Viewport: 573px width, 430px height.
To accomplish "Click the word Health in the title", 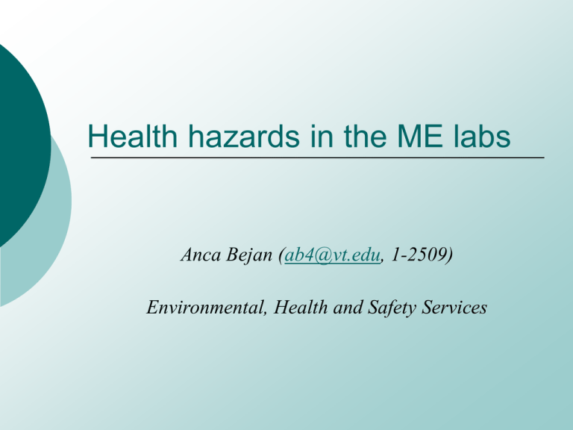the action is click(x=132, y=136).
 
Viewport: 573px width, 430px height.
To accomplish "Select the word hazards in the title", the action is click(x=244, y=136).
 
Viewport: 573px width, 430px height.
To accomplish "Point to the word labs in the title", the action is click(x=482, y=136).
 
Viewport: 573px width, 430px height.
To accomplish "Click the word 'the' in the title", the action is click(x=365, y=136).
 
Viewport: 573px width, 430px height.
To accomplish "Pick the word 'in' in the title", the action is click(x=322, y=136).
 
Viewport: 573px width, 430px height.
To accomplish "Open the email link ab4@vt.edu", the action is click(x=332, y=255).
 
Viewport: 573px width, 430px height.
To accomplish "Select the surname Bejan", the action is click(x=249, y=255).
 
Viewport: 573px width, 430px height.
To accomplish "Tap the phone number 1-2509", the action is click(x=419, y=255).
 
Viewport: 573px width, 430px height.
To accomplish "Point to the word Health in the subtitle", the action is click(x=301, y=307).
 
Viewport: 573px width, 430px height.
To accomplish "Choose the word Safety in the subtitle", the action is click(x=392, y=308).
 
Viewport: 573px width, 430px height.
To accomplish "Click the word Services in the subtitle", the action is click(x=454, y=307).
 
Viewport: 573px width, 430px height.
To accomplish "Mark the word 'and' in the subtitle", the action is click(x=348, y=307).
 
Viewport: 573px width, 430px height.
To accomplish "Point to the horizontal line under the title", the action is click(x=318, y=158).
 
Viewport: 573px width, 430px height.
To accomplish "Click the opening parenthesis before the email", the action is click(x=281, y=255).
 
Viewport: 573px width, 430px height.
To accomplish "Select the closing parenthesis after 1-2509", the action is click(x=450, y=255).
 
